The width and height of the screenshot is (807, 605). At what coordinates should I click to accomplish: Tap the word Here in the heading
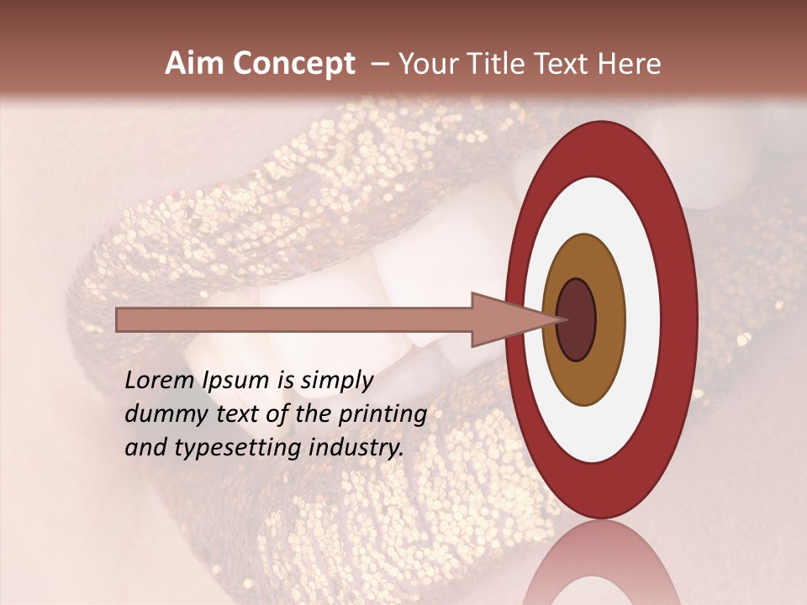click(x=629, y=64)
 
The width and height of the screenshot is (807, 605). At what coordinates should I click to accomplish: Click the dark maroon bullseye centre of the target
click(x=576, y=319)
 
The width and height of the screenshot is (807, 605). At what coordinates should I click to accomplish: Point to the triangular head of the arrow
click(x=500, y=319)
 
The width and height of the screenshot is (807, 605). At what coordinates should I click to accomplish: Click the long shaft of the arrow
click(x=294, y=319)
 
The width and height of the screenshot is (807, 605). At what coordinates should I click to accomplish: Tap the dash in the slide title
click(x=379, y=64)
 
